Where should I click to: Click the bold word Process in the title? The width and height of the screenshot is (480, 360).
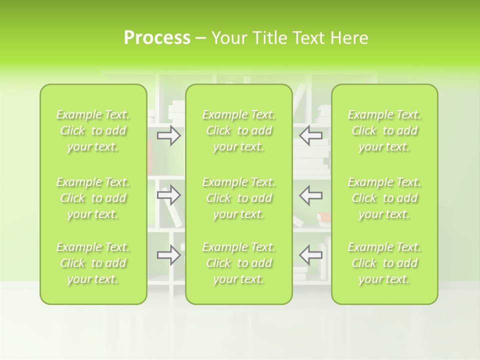157,38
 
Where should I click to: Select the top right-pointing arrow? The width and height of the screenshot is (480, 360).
168,135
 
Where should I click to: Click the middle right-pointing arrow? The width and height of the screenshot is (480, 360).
168,195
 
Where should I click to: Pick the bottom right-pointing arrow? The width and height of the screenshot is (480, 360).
168,255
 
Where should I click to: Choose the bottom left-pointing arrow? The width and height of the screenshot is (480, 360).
310,254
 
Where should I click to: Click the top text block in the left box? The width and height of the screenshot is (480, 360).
93,130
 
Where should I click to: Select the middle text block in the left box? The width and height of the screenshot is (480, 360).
93,198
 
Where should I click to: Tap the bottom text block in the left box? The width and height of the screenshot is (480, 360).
93,263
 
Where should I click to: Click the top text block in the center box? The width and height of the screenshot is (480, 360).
239,130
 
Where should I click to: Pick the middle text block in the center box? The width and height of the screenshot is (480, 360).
239,198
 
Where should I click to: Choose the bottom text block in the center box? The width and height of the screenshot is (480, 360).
239,263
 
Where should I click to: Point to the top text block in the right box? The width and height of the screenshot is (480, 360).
384,130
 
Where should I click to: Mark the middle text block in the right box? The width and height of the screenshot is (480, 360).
384,198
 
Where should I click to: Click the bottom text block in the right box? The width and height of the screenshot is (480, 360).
384,263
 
